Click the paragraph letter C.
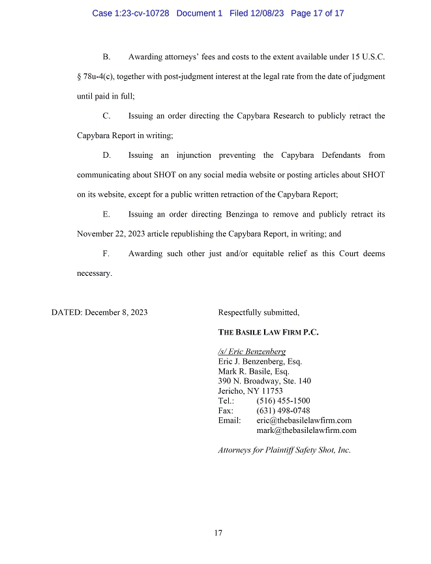106,116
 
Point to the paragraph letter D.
107,155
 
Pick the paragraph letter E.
106,214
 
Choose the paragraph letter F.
106,253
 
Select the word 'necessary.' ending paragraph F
95,273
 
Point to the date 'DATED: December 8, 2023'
99,312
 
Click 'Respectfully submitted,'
258,312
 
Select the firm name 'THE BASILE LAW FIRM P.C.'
268,332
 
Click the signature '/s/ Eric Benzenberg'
252,351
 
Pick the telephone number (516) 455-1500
283,400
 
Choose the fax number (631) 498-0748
283,410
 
